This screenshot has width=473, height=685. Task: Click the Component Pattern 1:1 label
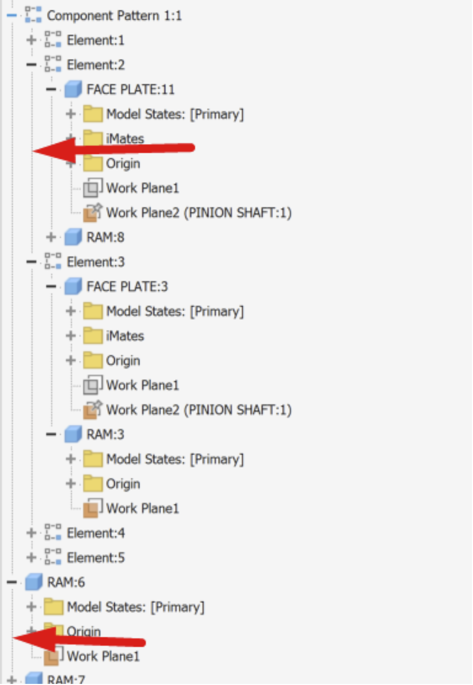pos(114,15)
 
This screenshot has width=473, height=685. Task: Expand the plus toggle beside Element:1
pos(32,40)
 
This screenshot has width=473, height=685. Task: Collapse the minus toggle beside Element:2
pos(32,65)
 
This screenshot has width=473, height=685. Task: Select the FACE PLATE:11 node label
pos(130,89)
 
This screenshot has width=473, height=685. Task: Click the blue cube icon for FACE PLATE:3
pos(73,286)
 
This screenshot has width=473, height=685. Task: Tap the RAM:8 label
pos(106,237)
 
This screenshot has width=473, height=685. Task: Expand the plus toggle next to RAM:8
pos(51,237)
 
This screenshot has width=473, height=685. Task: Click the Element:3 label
pos(96,262)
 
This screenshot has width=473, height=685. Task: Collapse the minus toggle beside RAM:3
pos(51,434)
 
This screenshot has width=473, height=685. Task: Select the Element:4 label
pos(96,533)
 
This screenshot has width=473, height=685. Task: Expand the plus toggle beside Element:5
pos(32,557)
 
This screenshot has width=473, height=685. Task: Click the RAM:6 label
pos(66,582)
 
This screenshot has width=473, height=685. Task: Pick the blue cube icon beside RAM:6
pos(33,582)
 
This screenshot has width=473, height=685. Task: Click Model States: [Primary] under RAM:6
pos(135,607)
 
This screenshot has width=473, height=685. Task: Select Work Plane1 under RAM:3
pos(142,508)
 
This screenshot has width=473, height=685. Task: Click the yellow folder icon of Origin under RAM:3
pos(93,483)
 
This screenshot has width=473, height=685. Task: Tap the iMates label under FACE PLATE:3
pos(125,336)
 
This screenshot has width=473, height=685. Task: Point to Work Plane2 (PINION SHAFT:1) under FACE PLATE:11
pos(199,212)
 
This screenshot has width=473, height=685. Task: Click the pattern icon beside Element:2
pos(53,64)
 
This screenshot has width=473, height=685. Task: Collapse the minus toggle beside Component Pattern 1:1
pos(11,15)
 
